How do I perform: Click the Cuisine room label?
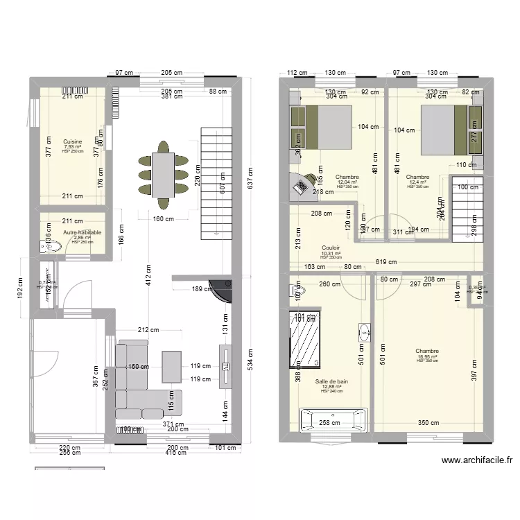click(72, 141)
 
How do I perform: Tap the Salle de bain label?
click(331, 381)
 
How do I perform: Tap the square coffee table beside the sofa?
click(173, 366)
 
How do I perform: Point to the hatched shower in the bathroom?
click(304, 339)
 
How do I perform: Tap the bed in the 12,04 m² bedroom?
click(327, 127)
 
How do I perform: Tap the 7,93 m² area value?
click(72, 147)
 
